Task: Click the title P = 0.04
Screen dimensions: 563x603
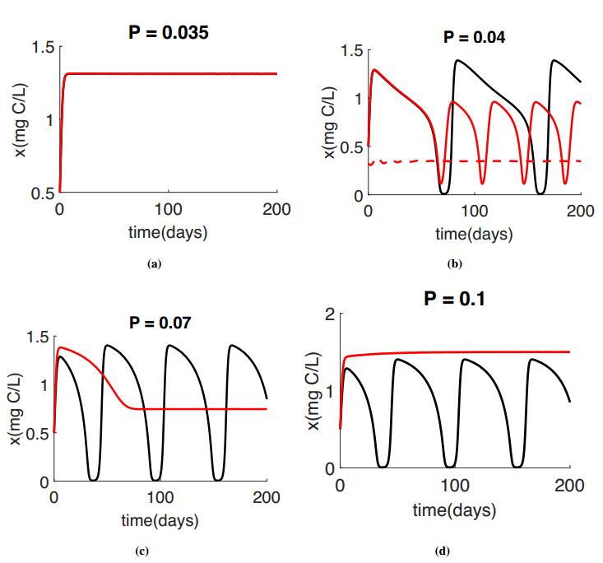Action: (474, 37)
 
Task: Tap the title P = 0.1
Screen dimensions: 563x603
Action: (454, 299)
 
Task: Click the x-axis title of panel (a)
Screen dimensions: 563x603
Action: (168, 232)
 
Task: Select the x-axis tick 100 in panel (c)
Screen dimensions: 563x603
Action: (160, 498)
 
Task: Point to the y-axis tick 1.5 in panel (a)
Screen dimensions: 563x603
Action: (42, 46)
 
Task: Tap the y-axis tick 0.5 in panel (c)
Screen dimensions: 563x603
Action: (35, 434)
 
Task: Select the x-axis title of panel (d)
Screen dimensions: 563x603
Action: (454, 511)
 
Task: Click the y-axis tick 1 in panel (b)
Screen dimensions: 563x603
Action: (356, 99)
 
